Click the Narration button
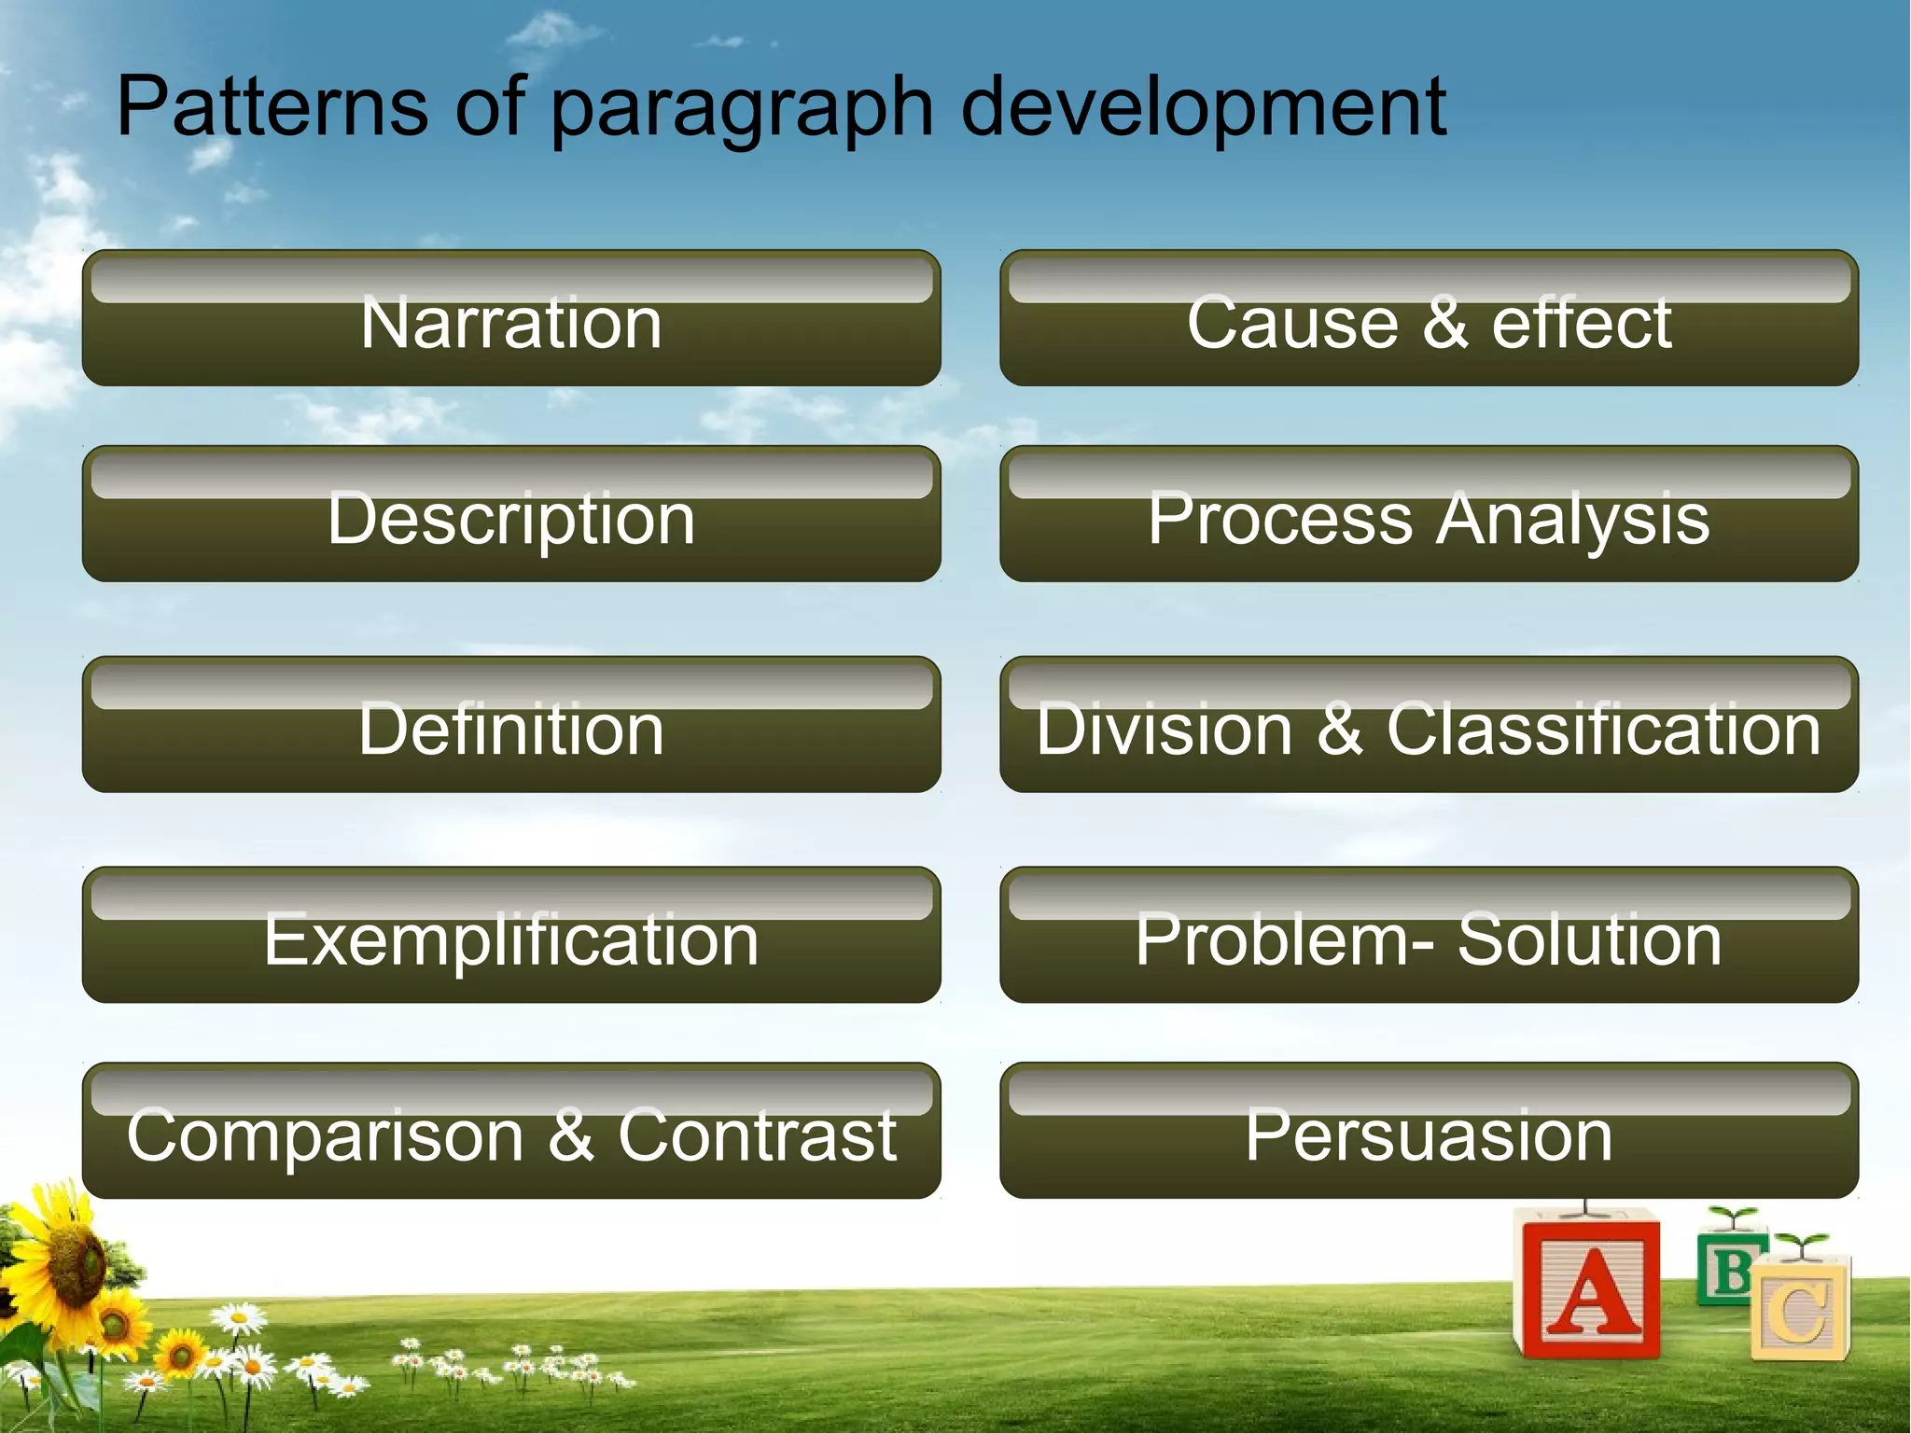coord(511,319)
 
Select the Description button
coord(511,515)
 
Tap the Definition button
coord(511,726)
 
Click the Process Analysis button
coord(1429,515)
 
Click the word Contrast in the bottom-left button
coord(757,1135)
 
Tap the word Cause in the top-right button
coord(1292,322)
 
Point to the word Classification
coord(1603,729)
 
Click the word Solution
coord(1589,939)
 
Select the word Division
coord(1164,729)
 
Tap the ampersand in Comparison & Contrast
coord(570,1135)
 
